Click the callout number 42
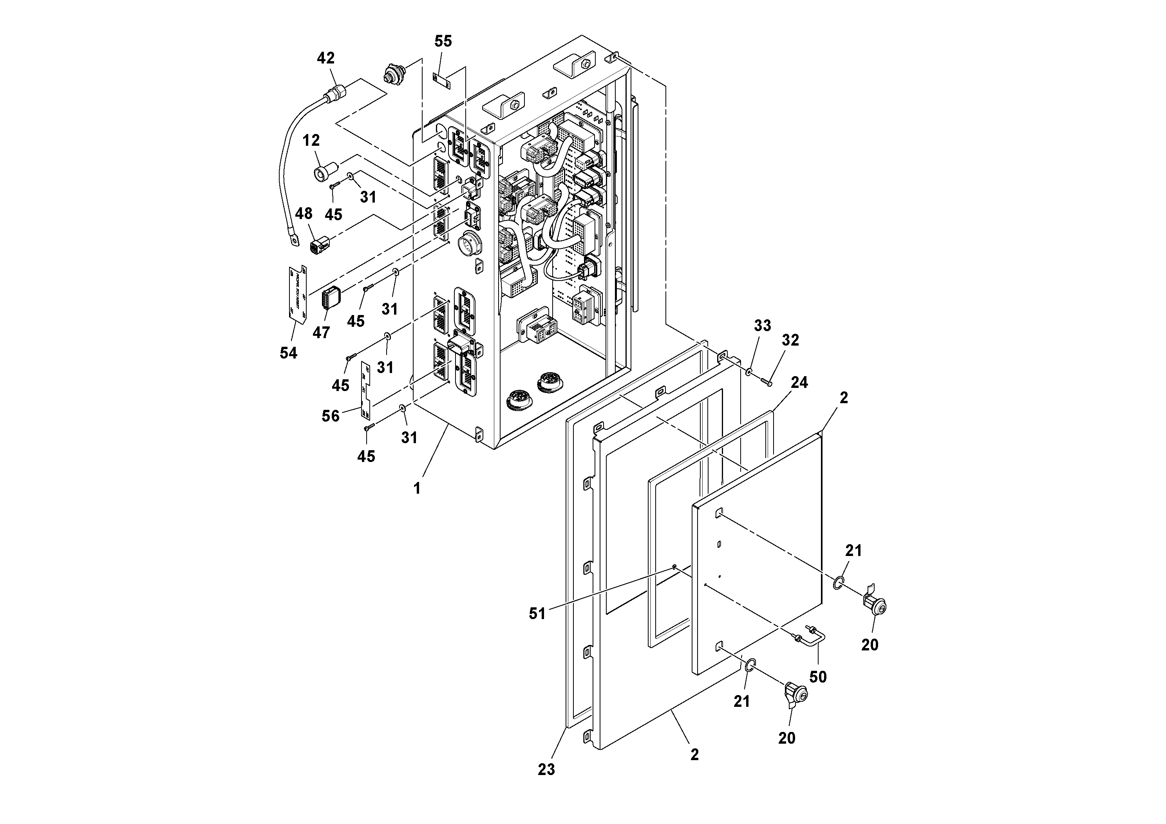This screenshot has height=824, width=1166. click(325, 58)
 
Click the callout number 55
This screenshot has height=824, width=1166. click(443, 42)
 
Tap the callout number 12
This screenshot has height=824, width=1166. click(311, 140)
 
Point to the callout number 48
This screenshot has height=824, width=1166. click(304, 214)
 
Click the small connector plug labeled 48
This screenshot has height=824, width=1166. click(318, 245)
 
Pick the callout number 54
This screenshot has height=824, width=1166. click(288, 353)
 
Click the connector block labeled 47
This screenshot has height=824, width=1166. click(331, 298)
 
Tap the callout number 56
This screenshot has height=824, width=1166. click(331, 416)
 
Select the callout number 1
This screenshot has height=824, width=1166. click(417, 489)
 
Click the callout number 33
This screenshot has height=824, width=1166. click(762, 326)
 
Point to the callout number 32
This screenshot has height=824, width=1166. click(790, 340)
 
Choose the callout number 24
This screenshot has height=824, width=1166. click(799, 382)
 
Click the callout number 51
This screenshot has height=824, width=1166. click(537, 614)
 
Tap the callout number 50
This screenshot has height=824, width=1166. click(818, 677)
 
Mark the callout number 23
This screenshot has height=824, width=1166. click(546, 770)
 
